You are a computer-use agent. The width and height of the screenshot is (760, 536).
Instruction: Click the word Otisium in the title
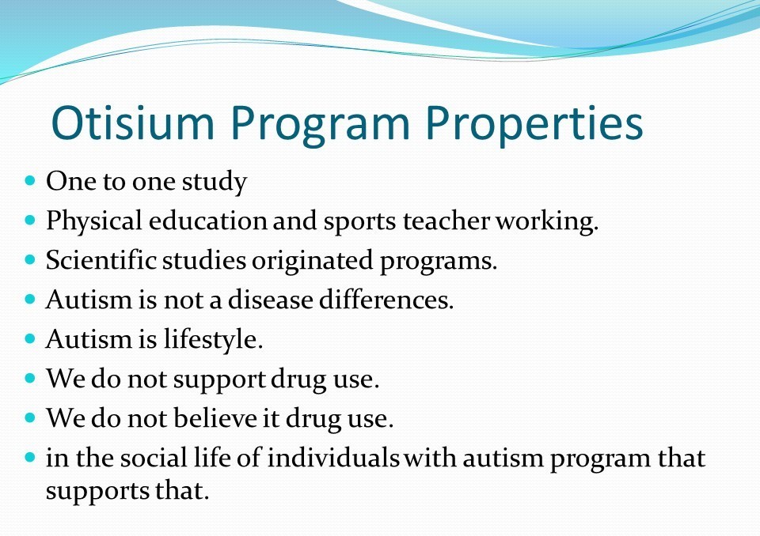[133, 123]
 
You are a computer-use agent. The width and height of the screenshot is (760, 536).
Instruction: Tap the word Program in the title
[321, 126]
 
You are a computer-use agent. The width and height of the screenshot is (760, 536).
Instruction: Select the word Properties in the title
[534, 126]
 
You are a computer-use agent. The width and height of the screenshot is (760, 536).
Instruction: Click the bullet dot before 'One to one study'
[29, 180]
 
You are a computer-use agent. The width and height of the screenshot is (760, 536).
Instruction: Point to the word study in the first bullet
[215, 183]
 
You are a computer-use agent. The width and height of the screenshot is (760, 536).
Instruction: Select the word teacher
[446, 221]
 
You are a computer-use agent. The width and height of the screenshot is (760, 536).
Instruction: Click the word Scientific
[101, 260]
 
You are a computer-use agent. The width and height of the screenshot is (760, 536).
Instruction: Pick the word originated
[312, 262]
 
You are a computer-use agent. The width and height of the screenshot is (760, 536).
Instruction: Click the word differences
[386, 300]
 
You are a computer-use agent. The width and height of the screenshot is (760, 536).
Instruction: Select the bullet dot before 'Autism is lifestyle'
[29, 338]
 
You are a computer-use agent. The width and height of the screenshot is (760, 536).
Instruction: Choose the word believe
[215, 418]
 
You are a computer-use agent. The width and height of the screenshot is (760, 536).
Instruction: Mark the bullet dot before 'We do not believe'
[29, 417]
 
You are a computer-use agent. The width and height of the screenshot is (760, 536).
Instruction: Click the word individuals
[333, 458]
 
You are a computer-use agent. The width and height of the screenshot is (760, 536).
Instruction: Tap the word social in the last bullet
[154, 458]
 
